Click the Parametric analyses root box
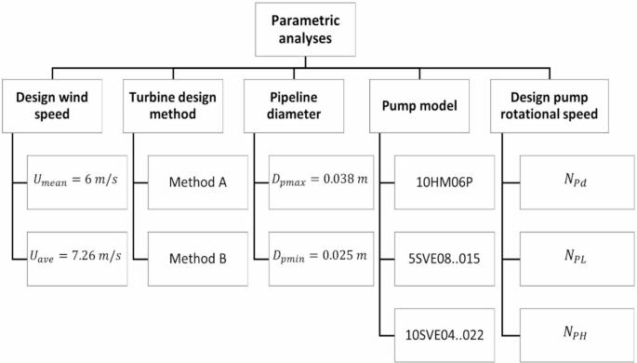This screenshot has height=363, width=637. [305, 29]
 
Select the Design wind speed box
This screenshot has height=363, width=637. [52, 106]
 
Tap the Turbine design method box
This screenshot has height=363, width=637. [173, 106]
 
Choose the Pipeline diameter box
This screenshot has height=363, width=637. [294, 106]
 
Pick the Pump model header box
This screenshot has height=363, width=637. [419, 106]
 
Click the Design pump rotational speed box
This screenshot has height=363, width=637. [550, 106]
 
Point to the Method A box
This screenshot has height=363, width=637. [198, 182]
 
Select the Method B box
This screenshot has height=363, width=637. [198, 259]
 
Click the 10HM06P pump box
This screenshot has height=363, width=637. [445, 182]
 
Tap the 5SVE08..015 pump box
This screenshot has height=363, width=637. [445, 259]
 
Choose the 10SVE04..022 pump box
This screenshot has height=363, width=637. [445, 335]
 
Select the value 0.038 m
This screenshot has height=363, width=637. [345, 179]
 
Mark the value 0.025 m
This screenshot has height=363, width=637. [344, 255]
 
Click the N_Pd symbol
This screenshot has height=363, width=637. [576, 180]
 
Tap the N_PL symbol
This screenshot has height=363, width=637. [576, 256]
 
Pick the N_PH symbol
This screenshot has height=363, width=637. [576, 332]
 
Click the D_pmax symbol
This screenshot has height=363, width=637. [289, 181]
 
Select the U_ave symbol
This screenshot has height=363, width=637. [42, 257]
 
